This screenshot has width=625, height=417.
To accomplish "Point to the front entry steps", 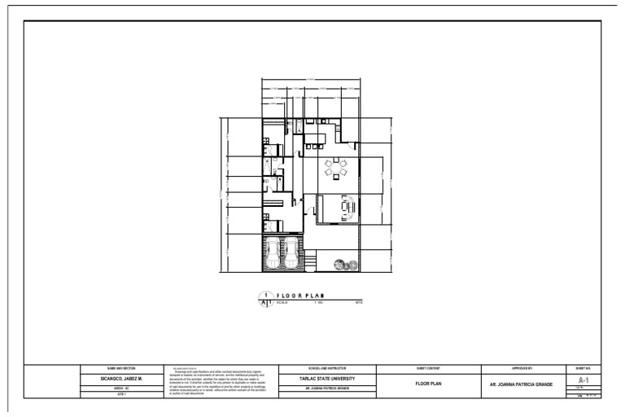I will point(309,261).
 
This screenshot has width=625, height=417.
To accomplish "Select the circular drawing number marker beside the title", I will point(264,300).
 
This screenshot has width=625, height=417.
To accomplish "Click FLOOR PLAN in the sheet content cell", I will point(428,383).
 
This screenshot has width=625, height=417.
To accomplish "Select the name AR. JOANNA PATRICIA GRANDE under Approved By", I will point(521,383).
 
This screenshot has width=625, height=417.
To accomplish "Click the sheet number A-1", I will point(583,380).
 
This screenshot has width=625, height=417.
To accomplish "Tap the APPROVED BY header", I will point(521,369).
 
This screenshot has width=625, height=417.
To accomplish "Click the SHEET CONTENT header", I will point(428,369).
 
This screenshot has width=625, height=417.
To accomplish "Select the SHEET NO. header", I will point(583,369).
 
